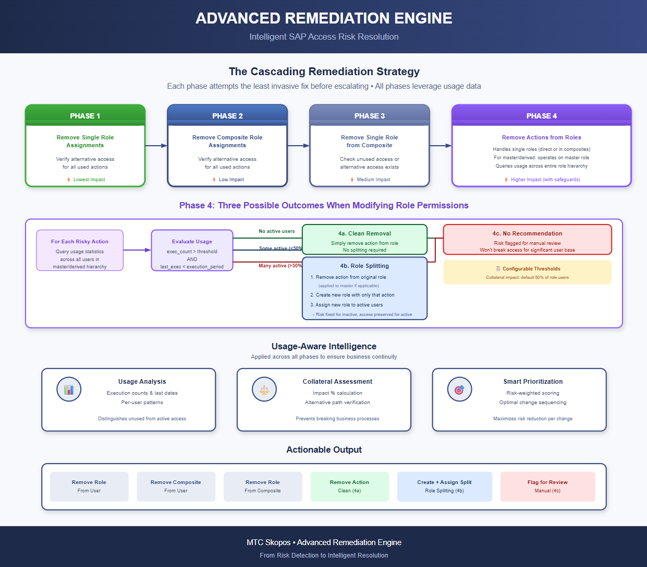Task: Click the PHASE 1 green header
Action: [85, 115]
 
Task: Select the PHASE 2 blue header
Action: [227, 115]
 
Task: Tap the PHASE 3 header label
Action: [369, 116]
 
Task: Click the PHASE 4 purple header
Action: [541, 115]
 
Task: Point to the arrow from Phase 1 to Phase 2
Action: [156, 146]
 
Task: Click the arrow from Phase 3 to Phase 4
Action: [441, 146]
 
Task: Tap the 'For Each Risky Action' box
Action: [80, 251]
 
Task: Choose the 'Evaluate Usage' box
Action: [192, 251]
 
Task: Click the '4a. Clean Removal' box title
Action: [364, 233]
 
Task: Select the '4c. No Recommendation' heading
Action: [527, 233]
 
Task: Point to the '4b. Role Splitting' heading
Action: [364, 266]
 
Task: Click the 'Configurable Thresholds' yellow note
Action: [527, 272]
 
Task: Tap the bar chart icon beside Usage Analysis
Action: [69, 389]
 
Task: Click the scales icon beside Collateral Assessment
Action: [264, 389]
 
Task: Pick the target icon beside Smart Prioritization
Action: [459, 389]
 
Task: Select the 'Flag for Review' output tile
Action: [547, 487]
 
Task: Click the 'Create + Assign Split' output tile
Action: [444, 487]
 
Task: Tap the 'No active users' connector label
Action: [276, 231]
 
